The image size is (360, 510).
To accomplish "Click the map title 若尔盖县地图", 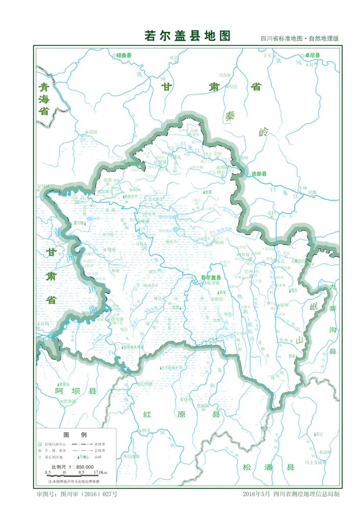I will (188, 36).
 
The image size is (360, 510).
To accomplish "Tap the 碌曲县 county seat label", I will (124, 55).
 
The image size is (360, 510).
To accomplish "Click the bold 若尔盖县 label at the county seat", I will (211, 277).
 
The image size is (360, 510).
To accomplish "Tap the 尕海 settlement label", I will (93, 132).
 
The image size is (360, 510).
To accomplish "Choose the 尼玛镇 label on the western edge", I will (43, 187).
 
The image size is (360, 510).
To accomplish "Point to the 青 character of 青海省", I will (45, 87).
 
